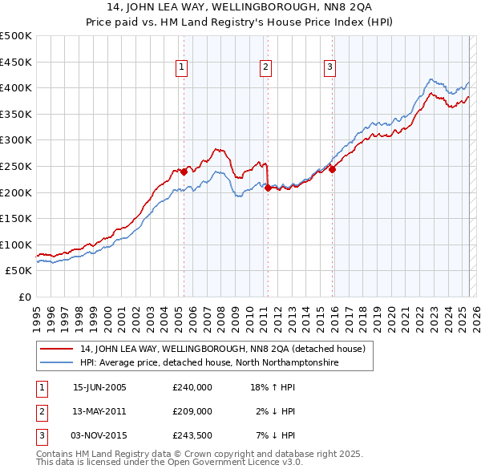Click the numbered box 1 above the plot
[183, 68]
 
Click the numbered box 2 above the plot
[265, 68]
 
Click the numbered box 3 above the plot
[329, 68]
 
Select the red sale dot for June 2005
[184, 171]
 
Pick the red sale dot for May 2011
[268, 188]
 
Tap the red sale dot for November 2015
[332, 169]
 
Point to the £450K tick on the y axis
[16, 62]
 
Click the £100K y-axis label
[16, 245]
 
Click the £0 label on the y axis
[24, 297]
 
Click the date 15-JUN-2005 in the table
[99, 386]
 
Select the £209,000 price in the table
[192, 410]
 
